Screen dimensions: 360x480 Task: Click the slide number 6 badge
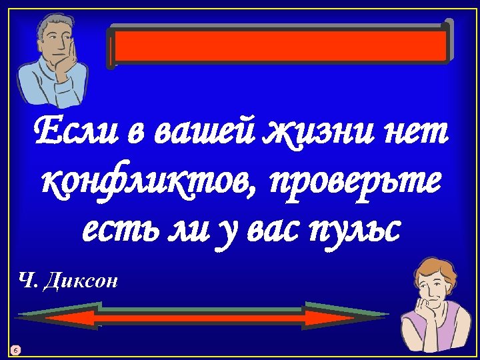pyautogui.click(x=16, y=349)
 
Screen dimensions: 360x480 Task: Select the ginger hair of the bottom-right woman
pyautogui.click(x=427, y=265)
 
